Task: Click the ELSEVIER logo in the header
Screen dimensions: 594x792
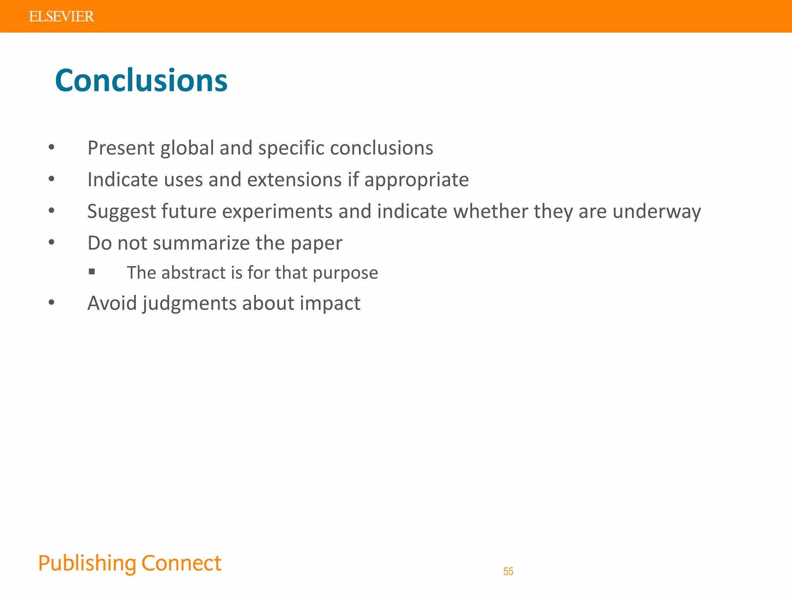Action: click(x=61, y=17)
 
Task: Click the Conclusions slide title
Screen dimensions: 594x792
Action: click(x=141, y=80)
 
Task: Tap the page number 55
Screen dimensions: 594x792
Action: click(x=508, y=571)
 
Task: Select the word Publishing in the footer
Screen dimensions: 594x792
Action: click(x=87, y=563)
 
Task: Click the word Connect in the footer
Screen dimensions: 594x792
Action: click(x=181, y=563)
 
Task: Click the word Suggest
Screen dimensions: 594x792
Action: click(x=121, y=212)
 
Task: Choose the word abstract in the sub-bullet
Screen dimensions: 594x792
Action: click(x=193, y=273)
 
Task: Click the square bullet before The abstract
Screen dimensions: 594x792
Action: click(x=92, y=272)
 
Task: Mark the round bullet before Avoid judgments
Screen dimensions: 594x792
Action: click(x=51, y=302)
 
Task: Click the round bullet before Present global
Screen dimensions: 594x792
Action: click(x=51, y=147)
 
